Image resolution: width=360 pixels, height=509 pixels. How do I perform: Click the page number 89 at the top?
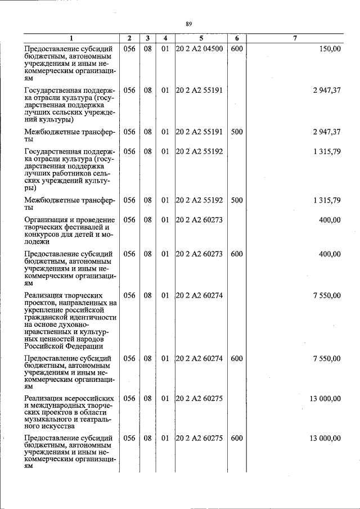pos(188,23)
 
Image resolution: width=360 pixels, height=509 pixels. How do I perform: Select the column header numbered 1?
pos(71,38)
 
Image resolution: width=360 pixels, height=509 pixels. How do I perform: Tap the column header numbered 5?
pos(201,38)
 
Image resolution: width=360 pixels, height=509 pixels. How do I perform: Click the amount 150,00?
pos(329,49)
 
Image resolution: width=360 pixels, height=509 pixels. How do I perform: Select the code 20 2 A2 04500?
pos(199,49)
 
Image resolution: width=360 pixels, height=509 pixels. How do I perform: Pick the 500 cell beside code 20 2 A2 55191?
pos(237,132)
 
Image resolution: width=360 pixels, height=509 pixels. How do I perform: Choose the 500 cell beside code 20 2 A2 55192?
pos(237,200)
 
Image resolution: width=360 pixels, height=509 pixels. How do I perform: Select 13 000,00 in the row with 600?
pos(325,438)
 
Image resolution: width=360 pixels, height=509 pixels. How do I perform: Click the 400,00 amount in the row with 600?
pos(329,254)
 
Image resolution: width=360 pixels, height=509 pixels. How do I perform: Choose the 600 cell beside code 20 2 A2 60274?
pos(237,358)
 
